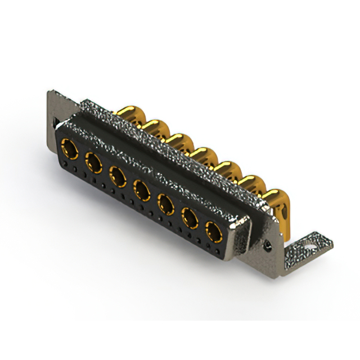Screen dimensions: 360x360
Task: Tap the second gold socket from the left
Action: click(x=93, y=164)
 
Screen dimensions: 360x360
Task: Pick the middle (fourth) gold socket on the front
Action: click(x=141, y=190)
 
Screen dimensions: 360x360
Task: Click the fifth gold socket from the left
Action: click(x=166, y=203)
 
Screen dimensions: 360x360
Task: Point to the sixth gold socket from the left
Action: click(x=190, y=217)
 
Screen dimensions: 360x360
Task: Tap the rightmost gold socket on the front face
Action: click(x=213, y=231)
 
